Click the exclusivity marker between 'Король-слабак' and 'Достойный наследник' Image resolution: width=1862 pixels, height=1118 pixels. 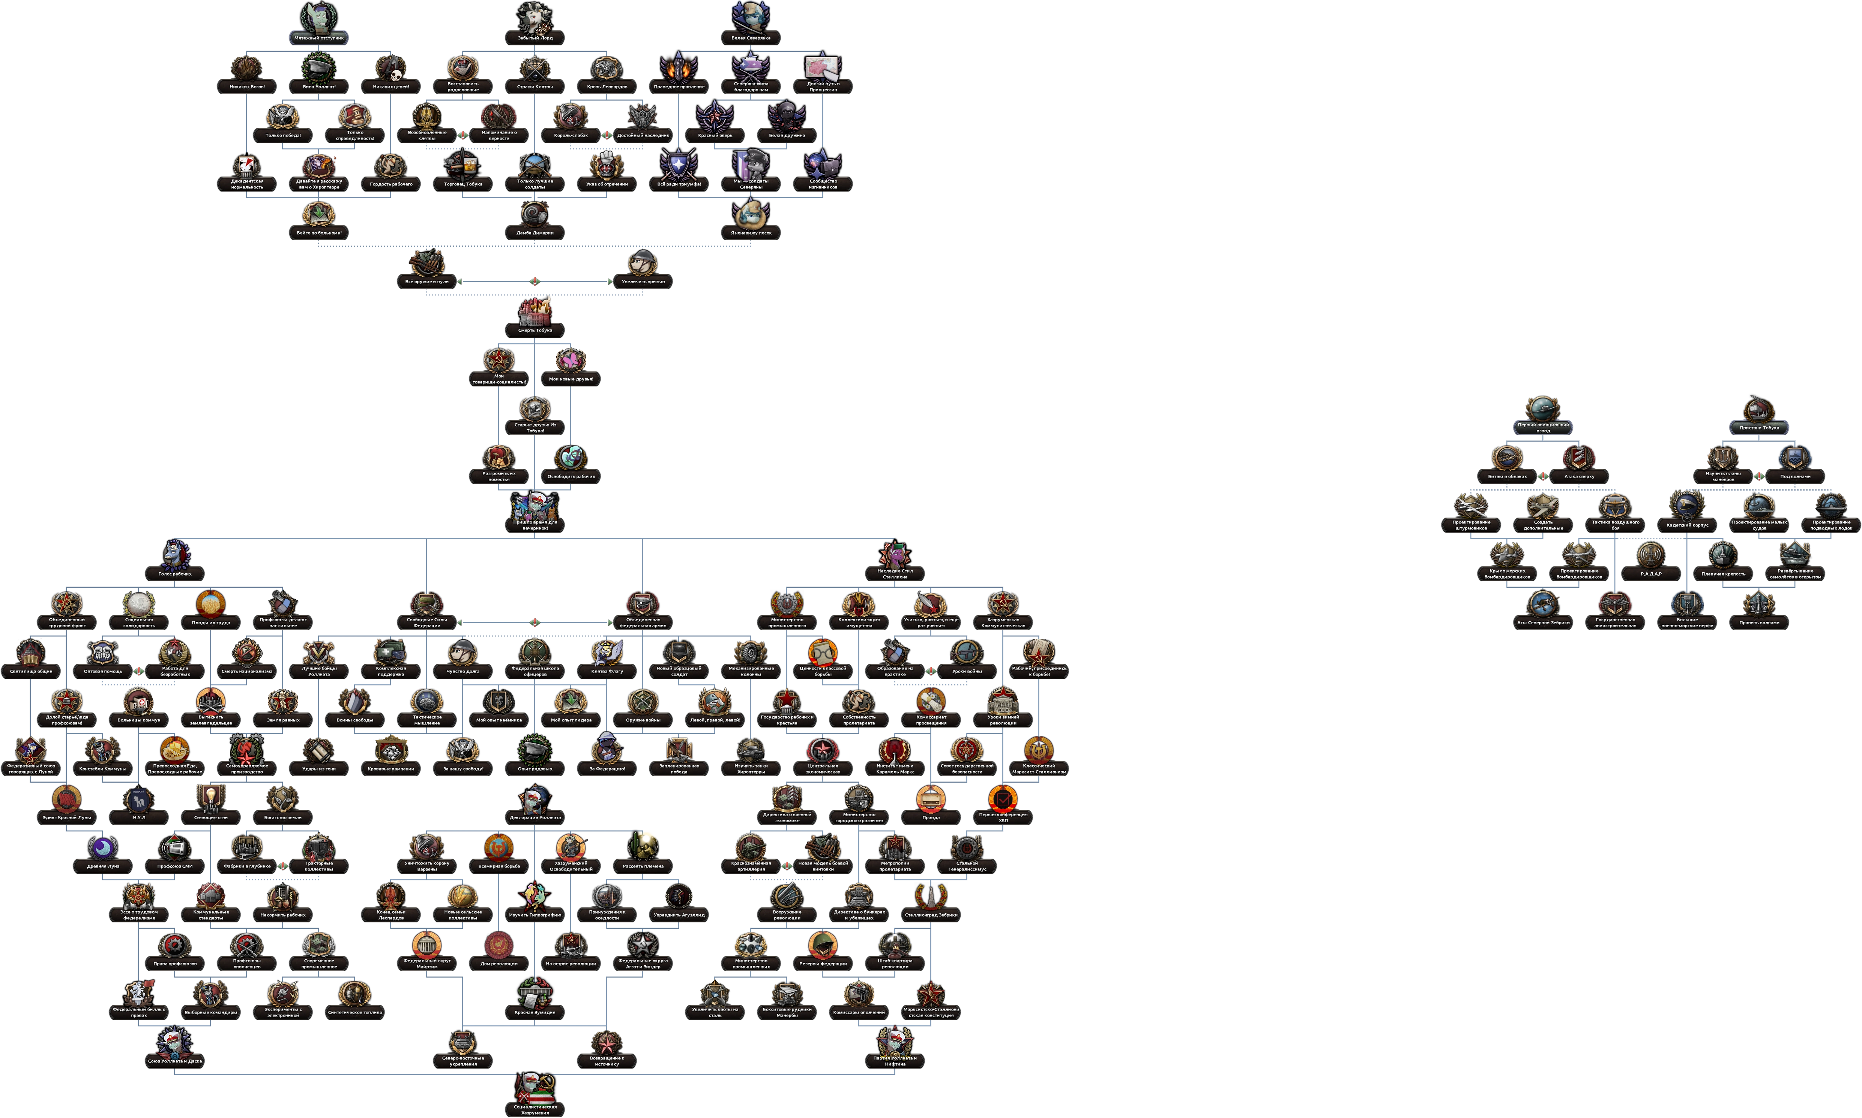pos(607,135)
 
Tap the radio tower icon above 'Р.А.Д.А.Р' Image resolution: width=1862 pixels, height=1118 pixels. pos(1651,556)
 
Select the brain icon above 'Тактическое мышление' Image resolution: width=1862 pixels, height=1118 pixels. pos(426,700)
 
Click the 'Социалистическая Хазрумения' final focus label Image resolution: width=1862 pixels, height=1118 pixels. pos(535,1109)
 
